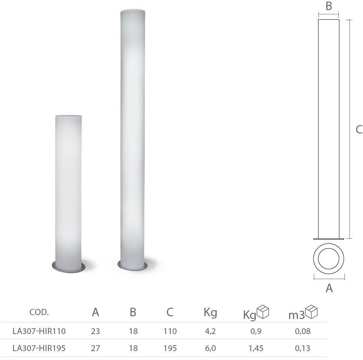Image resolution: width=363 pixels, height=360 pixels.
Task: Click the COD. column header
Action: pos(39,312)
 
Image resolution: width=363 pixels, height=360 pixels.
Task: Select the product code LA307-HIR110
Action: pos(39,331)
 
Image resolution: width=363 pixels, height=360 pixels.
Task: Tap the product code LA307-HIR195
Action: pos(39,348)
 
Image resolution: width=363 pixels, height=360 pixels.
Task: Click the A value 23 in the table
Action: pos(95,331)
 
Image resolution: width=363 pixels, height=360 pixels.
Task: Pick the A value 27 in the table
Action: pos(95,348)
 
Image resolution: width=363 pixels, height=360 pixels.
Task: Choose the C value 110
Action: pos(170,331)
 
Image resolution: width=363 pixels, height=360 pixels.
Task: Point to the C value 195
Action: pos(170,348)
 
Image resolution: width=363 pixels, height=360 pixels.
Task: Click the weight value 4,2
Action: pos(210,331)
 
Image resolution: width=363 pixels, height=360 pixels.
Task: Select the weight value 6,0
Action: pos(210,348)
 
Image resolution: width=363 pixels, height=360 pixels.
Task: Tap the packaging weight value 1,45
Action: pos(256,348)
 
